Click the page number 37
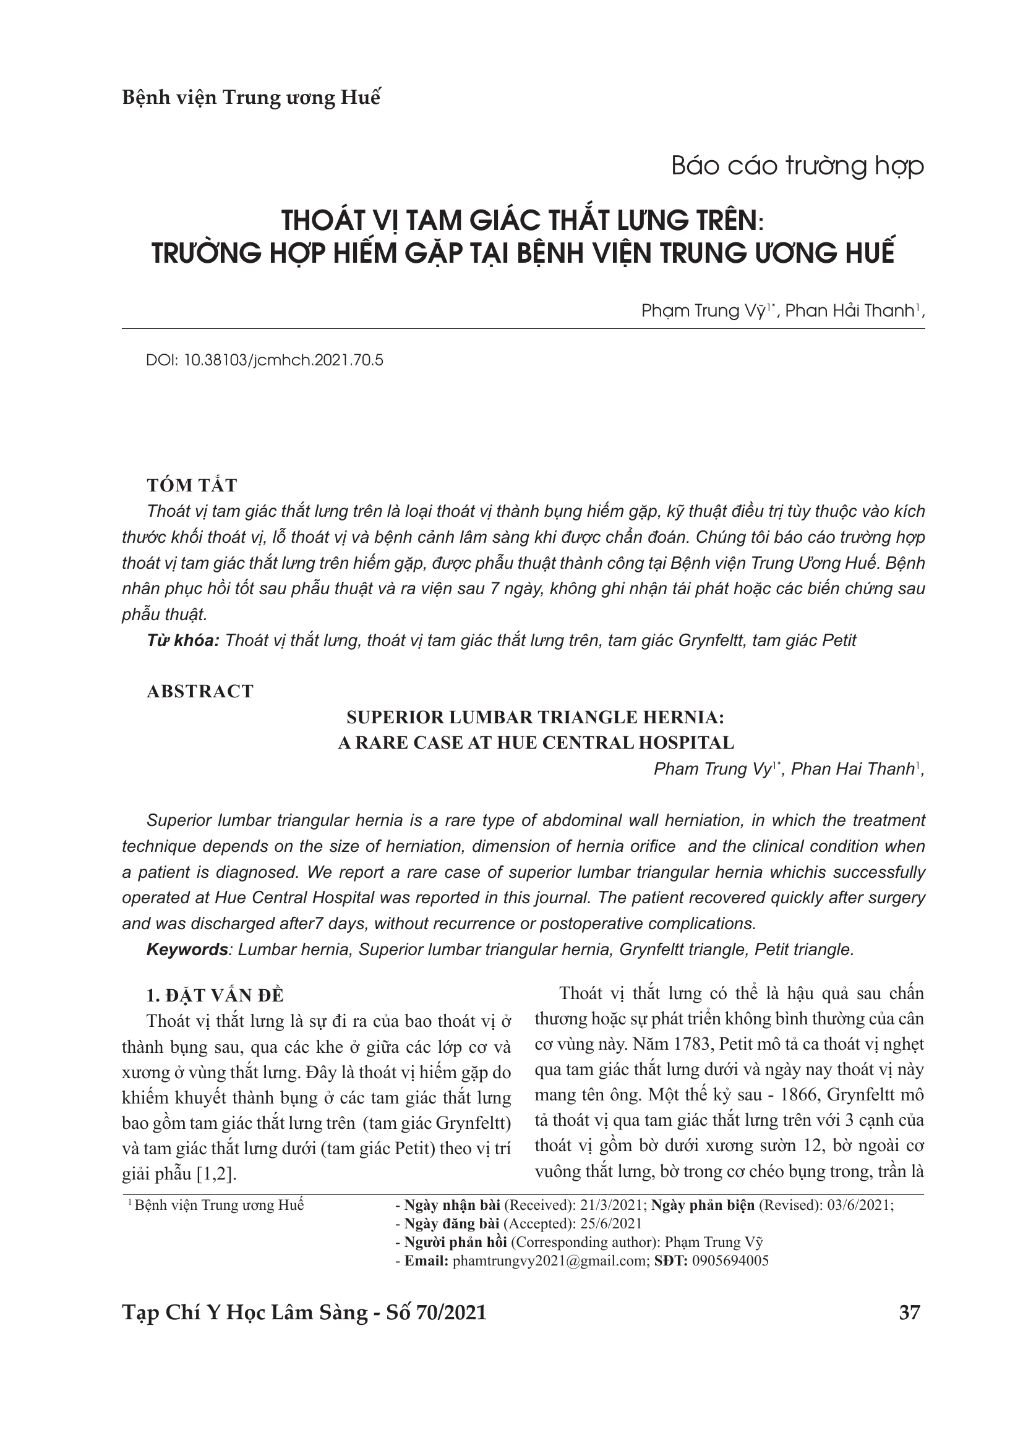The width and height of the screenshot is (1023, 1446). [910, 1312]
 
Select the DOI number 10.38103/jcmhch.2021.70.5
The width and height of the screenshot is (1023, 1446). [283, 360]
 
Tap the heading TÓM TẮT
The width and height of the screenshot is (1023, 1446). [192, 485]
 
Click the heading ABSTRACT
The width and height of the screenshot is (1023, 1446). [200, 692]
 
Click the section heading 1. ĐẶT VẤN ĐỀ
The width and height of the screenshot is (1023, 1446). [215, 996]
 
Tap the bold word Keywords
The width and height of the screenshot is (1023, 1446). [186, 950]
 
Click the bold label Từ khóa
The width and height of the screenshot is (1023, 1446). [182, 641]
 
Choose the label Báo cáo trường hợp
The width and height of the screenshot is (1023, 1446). [797, 166]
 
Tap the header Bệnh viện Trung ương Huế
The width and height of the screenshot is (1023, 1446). [250, 98]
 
